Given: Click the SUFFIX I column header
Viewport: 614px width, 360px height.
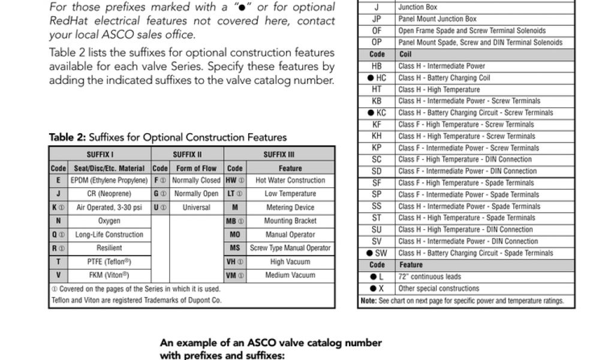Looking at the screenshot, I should pos(100,154).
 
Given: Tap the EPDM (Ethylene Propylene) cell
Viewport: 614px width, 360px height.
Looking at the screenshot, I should pos(109,180).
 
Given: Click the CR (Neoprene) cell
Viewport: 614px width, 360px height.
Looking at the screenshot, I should pos(109,194).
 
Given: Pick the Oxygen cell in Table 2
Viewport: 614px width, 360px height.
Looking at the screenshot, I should pos(109,221).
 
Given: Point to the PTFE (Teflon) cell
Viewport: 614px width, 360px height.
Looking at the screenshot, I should pos(109,262).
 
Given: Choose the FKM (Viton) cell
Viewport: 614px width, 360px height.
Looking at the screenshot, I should pos(109,275).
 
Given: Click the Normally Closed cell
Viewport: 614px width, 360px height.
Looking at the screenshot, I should pos(196,180).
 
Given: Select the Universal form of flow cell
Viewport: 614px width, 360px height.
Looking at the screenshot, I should pos(196,208).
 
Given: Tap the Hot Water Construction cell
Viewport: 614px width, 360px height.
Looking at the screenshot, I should pos(290,180).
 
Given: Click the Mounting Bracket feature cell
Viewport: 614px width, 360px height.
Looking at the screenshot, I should pos(290,221).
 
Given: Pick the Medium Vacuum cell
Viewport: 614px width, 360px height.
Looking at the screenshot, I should pos(290,275).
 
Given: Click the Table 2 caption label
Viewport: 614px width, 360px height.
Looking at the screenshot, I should pos(168,137).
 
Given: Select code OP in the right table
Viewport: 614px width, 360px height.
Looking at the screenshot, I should pos(377,43).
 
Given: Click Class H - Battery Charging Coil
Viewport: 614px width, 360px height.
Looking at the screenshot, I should pos(444,78).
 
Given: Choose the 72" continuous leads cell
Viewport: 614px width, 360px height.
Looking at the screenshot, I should pos(429,277).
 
